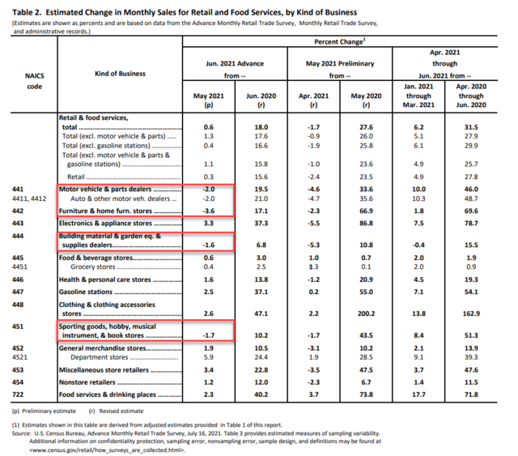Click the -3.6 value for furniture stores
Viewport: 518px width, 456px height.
pyautogui.click(x=210, y=211)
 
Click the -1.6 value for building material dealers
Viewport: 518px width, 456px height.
pyautogui.click(x=210, y=243)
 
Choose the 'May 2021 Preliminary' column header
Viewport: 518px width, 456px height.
pyautogui.click(x=338, y=62)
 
